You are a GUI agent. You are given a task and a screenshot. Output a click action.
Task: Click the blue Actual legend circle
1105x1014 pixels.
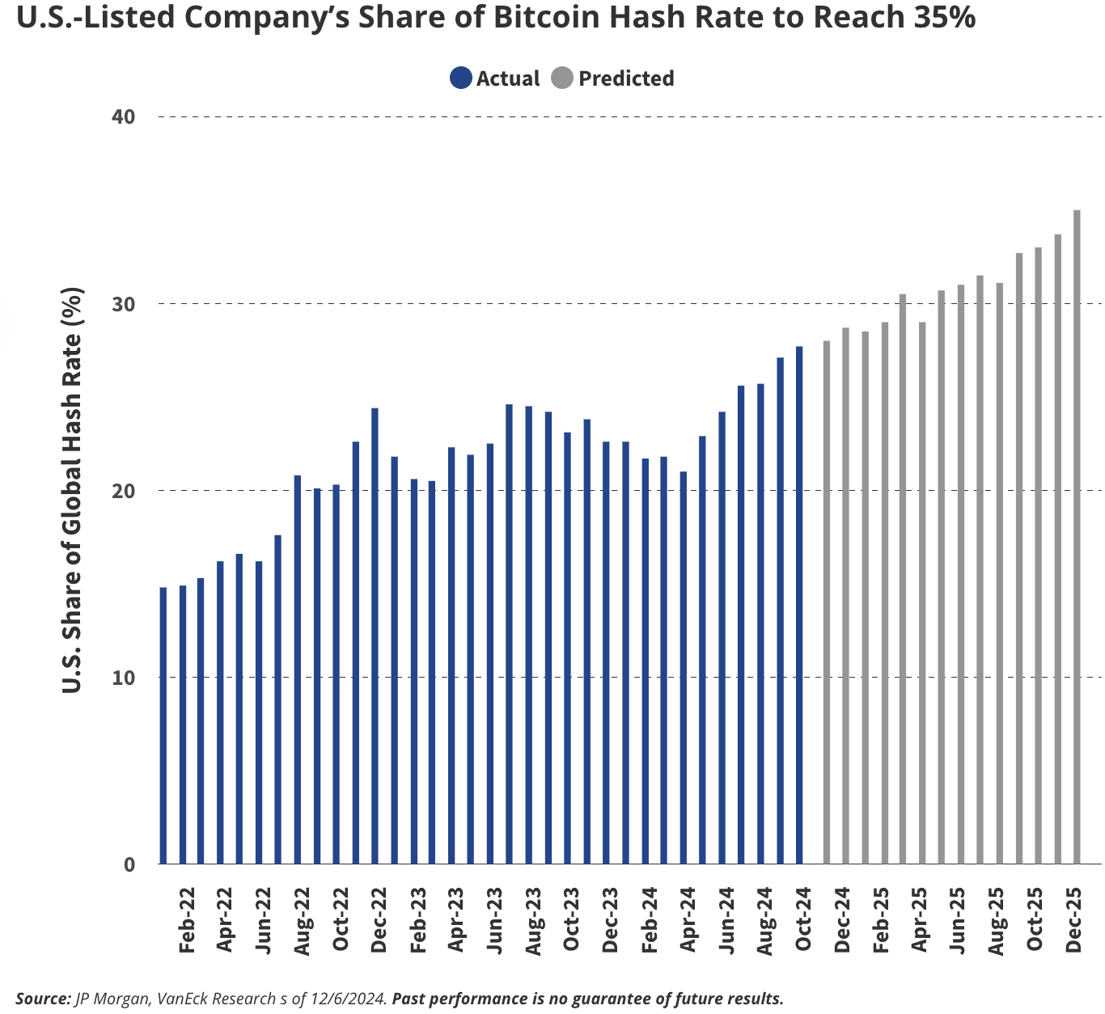click(461, 78)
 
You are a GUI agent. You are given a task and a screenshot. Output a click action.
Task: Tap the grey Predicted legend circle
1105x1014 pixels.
click(562, 78)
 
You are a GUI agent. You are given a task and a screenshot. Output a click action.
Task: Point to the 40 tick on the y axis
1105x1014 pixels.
click(124, 116)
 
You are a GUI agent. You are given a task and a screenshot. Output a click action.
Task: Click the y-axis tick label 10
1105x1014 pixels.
click(124, 678)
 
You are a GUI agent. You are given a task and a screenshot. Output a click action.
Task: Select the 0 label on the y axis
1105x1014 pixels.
click(129, 864)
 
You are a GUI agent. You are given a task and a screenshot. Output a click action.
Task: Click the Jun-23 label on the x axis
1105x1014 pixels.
click(494, 922)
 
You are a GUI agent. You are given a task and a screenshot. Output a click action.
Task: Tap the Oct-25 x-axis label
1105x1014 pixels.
click(1035, 922)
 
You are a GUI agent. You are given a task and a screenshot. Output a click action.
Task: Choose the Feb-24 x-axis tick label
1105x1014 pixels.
click(649, 922)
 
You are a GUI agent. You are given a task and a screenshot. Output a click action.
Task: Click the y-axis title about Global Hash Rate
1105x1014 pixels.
click(73, 490)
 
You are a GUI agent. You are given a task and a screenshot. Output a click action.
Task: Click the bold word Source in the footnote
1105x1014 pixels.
click(43, 999)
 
